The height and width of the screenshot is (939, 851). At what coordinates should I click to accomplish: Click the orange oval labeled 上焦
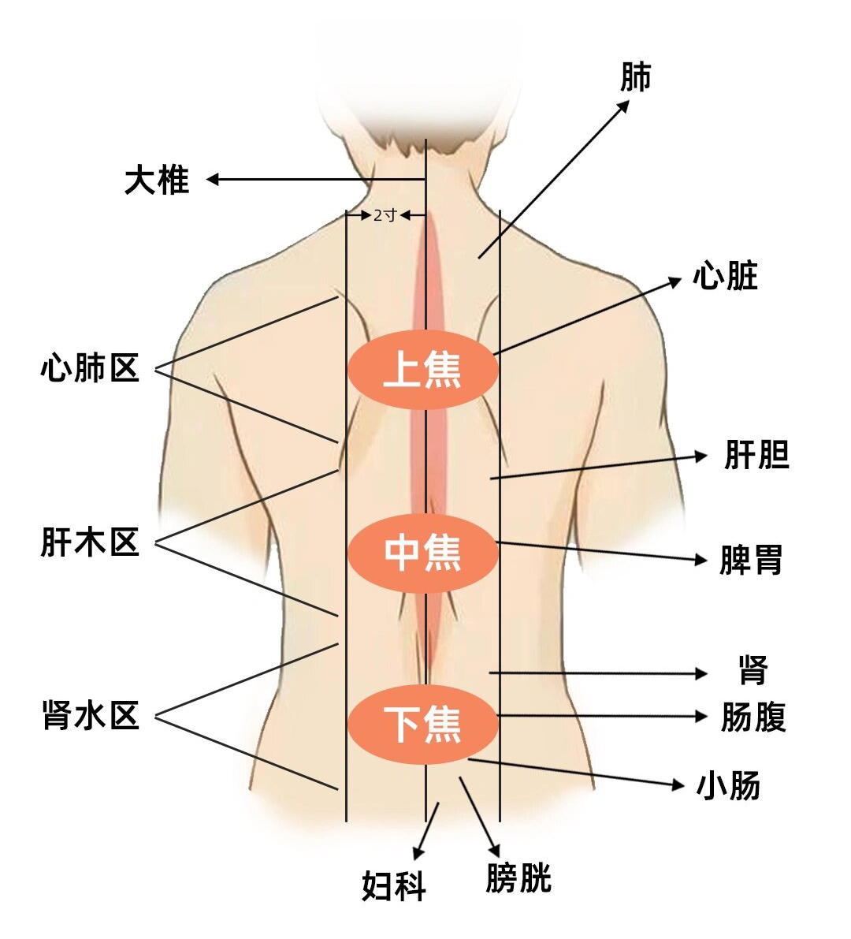tap(423, 369)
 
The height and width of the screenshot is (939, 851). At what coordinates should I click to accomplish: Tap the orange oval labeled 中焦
tap(423, 552)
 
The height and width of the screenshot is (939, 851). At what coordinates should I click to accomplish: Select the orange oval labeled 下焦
tap(423, 724)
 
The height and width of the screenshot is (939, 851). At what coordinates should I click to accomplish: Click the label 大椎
tap(157, 180)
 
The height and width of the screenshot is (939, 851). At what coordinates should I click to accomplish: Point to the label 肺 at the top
tap(636, 77)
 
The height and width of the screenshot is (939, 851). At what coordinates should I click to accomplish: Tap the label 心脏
tap(725, 277)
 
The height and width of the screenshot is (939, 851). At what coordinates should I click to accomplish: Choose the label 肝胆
tap(756, 456)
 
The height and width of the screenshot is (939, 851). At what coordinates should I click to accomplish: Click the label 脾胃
tap(751, 561)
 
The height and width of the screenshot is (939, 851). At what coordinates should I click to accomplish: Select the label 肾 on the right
tap(753, 672)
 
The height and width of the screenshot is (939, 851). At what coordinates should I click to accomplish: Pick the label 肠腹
tap(753, 717)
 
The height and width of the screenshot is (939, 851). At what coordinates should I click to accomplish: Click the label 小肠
tap(729, 786)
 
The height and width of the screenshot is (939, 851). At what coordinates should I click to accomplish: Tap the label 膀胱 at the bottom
tap(518, 878)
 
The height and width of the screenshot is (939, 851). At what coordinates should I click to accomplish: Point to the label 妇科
tap(394, 886)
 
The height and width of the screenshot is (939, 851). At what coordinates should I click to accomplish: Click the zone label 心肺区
tap(90, 368)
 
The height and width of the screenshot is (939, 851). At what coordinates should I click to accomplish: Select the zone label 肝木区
tap(90, 543)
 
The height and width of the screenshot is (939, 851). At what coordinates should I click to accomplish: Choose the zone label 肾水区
tap(90, 716)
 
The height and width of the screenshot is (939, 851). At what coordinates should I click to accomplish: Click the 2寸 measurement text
tap(385, 214)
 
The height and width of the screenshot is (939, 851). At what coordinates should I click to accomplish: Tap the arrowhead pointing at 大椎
tap(212, 180)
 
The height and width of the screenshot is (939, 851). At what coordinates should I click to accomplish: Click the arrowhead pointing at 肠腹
tap(702, 716)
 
